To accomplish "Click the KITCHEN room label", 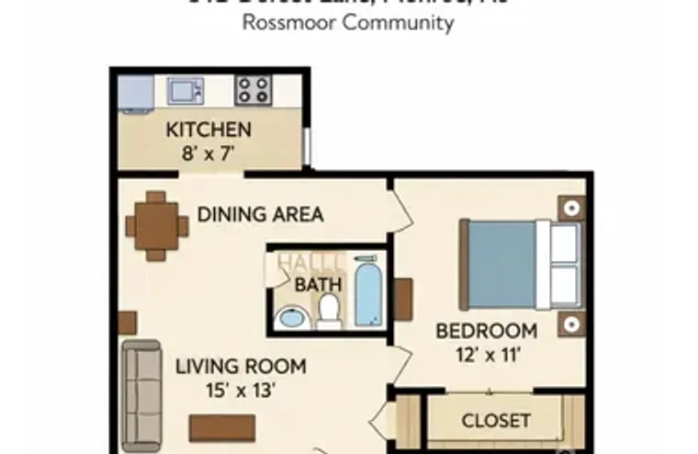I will coord(208,130).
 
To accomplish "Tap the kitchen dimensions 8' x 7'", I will coord(208,153).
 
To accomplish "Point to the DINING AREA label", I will coord(261,215).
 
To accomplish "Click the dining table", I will coord(156,225).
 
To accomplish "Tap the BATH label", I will coord(312,285).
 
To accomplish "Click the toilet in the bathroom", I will coord(329,314).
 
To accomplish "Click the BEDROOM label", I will coord(486,331).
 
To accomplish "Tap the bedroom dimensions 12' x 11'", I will coord(486,354).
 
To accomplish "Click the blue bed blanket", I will coord(501,265).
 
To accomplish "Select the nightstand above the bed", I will coord(571,208).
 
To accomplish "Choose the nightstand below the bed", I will coord(571,323).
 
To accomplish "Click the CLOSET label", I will coord(496,421).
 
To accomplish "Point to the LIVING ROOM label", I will coord(241,366).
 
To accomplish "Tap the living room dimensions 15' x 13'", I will coord(241,389).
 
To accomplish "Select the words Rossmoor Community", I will coord(348,23).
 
